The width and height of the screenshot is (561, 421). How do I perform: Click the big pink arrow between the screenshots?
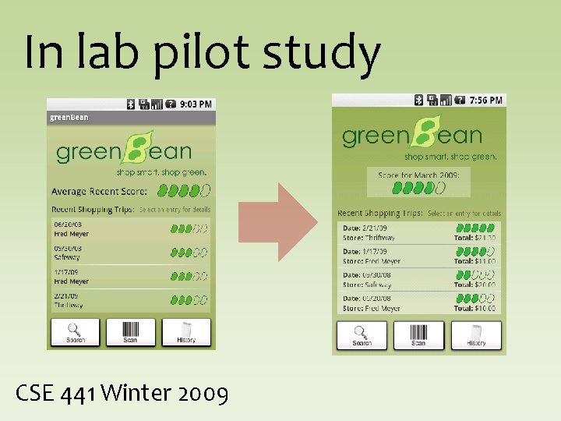point(277,221)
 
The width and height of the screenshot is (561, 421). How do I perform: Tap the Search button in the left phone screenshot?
point(76,332)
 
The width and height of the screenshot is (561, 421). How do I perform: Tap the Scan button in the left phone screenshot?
point(130,332)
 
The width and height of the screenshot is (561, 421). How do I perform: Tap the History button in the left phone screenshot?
point(186,332)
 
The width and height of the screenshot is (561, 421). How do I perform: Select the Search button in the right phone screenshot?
point(362,335)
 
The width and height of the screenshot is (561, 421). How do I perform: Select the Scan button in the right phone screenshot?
point(418,335)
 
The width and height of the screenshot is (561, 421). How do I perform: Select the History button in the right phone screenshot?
point(476,335)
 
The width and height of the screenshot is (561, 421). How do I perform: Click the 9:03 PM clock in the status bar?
point(196,104)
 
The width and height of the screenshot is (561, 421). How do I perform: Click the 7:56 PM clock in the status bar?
point(487,100)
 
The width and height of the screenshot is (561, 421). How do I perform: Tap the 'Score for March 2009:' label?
point(418,175)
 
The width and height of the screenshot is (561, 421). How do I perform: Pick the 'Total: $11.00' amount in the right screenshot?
point(475,261)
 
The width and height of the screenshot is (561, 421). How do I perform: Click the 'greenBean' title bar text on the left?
point(69,118)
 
